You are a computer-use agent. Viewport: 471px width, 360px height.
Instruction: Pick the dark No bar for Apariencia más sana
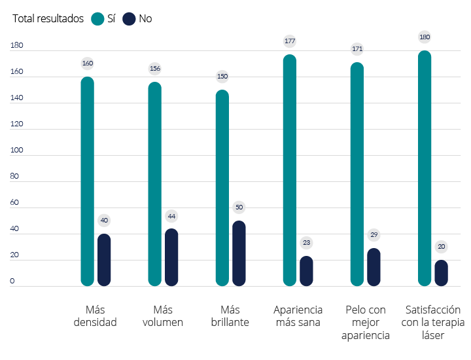306,271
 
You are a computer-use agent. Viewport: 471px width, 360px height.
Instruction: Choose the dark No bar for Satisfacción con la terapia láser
442,273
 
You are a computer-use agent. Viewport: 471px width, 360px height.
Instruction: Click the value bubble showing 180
425,37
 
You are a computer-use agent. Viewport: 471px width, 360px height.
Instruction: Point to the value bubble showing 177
290,41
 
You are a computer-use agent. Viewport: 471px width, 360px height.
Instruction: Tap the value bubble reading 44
171,216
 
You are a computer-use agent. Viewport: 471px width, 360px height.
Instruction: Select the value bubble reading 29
374,234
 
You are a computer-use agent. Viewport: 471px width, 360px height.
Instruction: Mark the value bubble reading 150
222,77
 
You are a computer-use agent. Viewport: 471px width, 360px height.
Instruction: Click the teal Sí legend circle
97,19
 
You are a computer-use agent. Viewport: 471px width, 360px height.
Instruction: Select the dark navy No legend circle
129,19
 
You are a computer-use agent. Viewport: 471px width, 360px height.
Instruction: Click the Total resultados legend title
48,19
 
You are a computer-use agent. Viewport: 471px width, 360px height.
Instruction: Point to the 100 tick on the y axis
17,151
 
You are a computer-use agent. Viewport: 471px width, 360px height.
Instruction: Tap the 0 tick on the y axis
12,281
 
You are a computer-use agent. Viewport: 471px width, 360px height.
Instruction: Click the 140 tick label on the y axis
17,98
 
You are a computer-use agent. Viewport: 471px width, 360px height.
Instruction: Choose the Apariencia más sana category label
298,315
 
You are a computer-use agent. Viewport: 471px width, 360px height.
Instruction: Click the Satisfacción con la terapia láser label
432,322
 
